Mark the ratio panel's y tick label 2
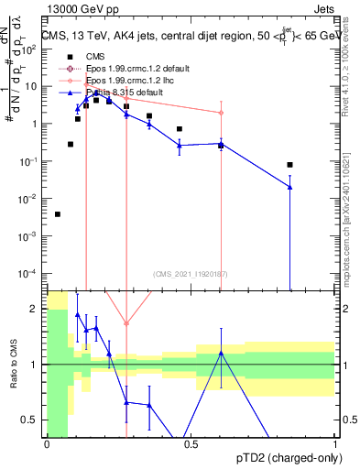click(x=36, y=308)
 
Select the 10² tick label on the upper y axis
click(x=30, y=49)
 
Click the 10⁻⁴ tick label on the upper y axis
click(x=30, y=273)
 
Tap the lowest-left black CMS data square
click(x=58, y=214)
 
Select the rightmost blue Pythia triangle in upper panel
click(x=289, y=187)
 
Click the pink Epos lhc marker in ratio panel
click(x=126, y=323)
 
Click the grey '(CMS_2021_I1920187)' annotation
click(x=191, y=273)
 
